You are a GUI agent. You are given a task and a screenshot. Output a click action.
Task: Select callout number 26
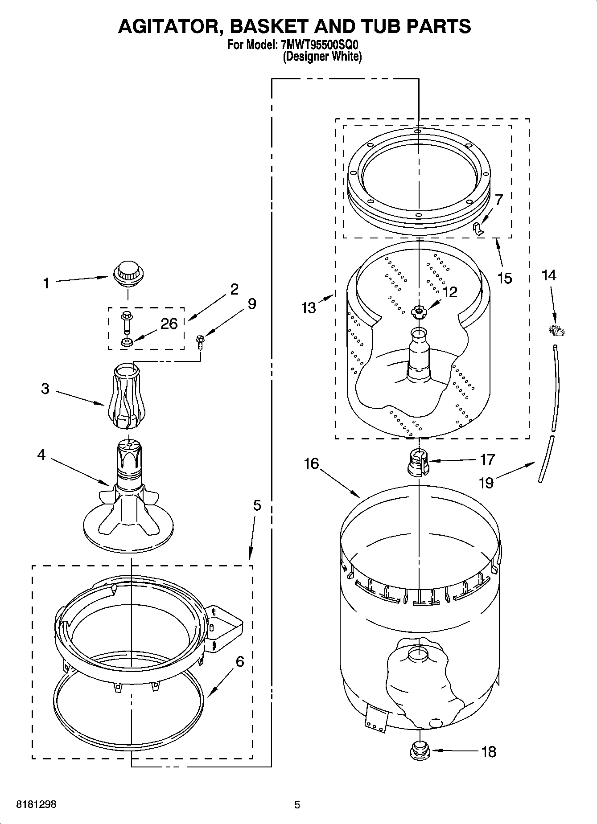click(x=169, y=324)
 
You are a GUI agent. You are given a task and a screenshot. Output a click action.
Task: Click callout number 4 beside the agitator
click(x=41, y=455)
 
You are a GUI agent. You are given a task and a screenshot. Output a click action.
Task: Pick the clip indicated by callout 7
click(x=478, y=229)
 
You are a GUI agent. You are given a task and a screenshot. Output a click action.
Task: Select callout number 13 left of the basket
click(x=309, y=307)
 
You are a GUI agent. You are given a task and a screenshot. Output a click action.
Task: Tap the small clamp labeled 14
click(x=556, y=331)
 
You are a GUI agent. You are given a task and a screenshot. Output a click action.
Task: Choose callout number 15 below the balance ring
click(x=505, y=278)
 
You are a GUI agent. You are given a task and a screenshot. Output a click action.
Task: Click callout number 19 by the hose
click(x=486, y=482)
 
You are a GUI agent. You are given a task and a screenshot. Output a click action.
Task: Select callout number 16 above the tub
click(x=311, y=463)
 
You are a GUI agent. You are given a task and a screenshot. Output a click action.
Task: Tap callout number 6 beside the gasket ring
click(x=240, y=662)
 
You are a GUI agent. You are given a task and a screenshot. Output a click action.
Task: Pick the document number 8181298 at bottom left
click(x=36, y=804)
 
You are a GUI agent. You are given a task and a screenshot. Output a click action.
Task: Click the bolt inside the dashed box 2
click(x=126, y=322)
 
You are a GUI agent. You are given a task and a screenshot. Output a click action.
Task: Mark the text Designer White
click(x=322, y=57)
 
